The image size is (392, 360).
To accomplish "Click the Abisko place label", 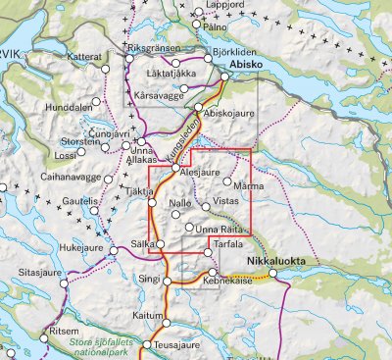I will pyautogui.click(x=247, y=69).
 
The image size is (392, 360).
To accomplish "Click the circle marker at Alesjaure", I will pyautogui.click(x=175, y=169).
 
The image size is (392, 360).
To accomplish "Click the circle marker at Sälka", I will pyautogui.click(x=160, y=244).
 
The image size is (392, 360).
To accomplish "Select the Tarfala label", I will pyautogui.click(x=226, y=243).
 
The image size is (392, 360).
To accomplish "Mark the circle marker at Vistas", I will pyautogui.click(x=206, y=206).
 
